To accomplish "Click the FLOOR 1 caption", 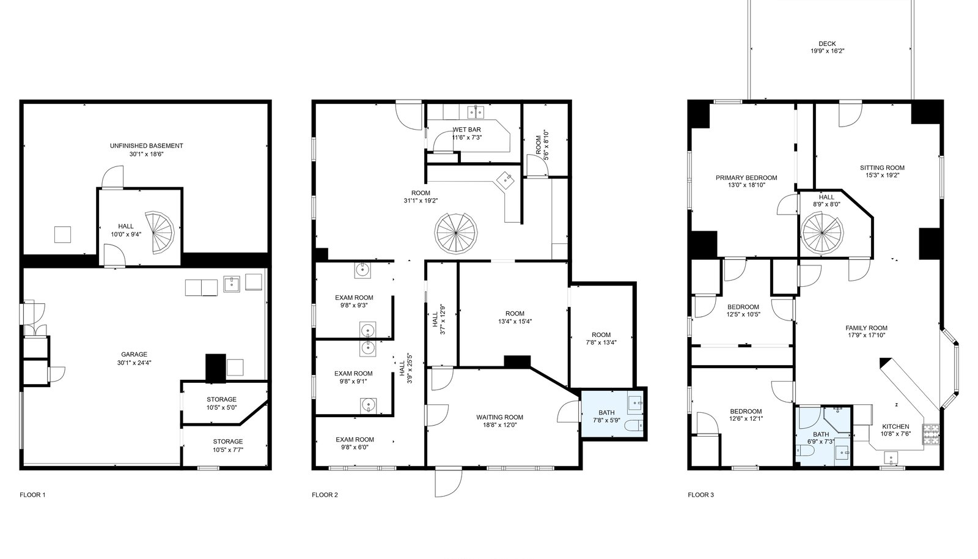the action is point(32,495).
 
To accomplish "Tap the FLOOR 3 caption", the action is point(700,495).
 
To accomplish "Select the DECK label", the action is point(827,43).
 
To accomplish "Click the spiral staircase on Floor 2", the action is point(455,233).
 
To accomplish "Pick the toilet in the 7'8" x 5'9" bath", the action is point(634,425).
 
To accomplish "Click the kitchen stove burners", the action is point(930,434).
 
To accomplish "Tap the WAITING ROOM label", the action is point(499,417).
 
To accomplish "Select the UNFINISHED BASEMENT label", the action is point(146,146).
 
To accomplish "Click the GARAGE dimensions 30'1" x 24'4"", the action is point(134,363).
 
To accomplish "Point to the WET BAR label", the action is point(467,130).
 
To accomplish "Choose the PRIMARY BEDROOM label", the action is point(746,178).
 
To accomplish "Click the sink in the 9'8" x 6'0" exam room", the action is point(369,405).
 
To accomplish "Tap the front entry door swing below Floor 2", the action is point(449,482).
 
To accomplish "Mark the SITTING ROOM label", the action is point(882,168).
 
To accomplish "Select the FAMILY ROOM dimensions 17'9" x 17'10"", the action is point(866,335).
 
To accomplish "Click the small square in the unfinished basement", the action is point(62,234).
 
